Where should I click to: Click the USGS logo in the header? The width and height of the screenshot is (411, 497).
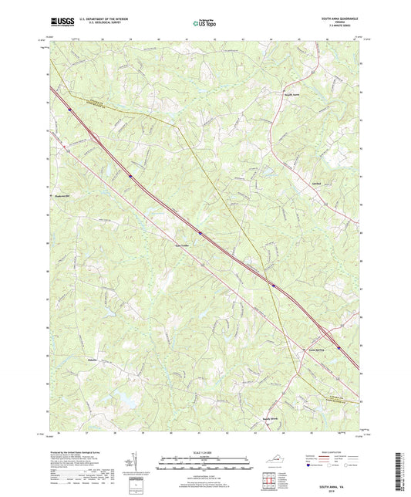tap(59, 22)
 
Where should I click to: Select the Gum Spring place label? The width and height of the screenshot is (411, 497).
tap(317, 349)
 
